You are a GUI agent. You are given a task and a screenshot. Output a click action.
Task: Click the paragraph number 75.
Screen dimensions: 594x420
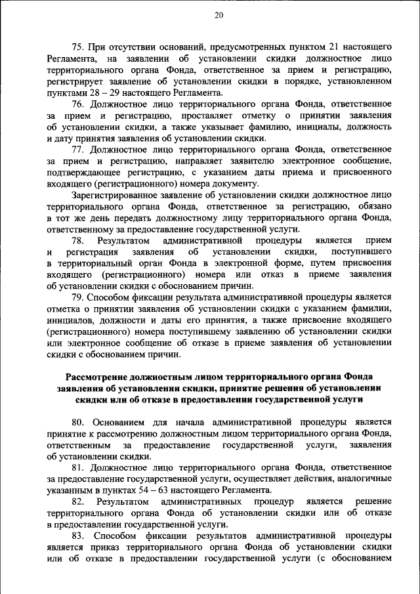coord(78,47)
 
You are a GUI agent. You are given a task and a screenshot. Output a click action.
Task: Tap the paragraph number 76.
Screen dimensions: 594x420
coord(78,104)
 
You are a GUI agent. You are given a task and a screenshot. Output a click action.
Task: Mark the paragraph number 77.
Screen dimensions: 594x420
coord(78,150)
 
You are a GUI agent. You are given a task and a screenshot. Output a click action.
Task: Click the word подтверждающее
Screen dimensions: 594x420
coord(87,172)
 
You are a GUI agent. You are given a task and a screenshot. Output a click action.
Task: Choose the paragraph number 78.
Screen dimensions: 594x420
coord(78,241)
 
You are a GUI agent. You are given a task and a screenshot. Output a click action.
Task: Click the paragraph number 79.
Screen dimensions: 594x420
coord(78,297)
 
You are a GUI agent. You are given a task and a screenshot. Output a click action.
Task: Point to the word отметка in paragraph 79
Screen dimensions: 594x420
coord(64,309)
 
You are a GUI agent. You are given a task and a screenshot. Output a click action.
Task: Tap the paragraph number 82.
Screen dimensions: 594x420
coord(78,501)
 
